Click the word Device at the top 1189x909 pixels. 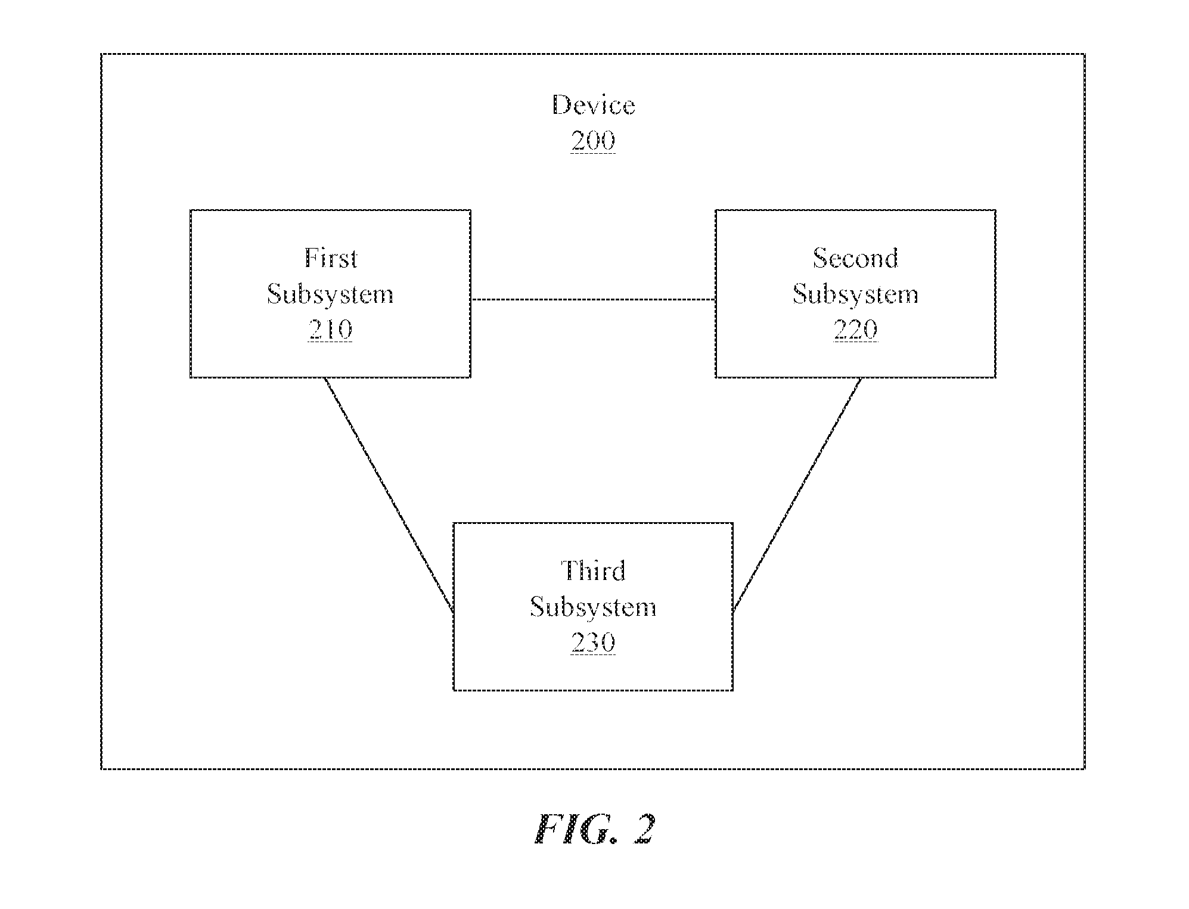click(593, 106)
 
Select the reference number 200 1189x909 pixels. click(593, 141)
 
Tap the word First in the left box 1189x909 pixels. click(331, 258)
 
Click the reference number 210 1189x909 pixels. click(331, 330)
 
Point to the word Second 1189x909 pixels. click(855, 258)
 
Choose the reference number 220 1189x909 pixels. click(855, 330)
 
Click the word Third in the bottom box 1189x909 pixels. click(593, 571)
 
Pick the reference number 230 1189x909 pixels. click(593, 643)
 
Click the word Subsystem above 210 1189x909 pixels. click(330, 294)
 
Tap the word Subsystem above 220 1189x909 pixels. click(855, 294)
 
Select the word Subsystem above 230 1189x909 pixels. click(593, 607)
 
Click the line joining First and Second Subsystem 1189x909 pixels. click(593, 299)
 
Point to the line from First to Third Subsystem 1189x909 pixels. click(389, 495)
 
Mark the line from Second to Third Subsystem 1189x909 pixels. click(797, 495)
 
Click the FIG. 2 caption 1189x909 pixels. click(594, 829)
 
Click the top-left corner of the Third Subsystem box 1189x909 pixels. click(454, 523)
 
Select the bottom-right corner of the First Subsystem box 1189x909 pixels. click(471, 377)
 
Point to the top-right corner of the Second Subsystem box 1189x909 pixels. click(995, 210)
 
